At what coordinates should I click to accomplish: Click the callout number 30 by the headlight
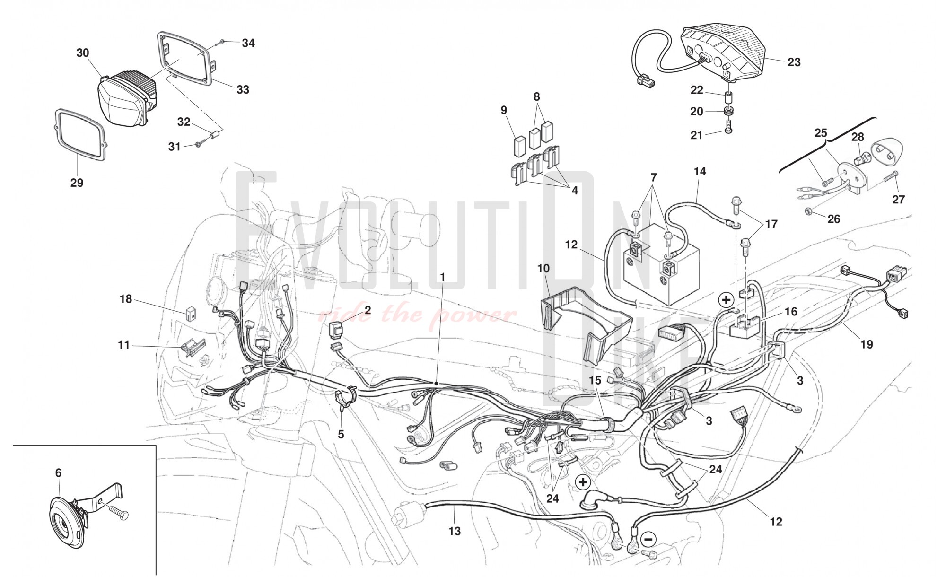point(83,52)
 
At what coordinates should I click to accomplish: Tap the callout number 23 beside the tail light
point(794,62)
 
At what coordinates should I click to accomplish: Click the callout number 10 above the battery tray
point(543,269)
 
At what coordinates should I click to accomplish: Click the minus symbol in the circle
point(648,539)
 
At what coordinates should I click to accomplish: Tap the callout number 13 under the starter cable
point(455,531)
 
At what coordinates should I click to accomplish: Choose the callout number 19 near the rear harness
point(867,344)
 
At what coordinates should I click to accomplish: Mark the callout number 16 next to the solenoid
point(791,311)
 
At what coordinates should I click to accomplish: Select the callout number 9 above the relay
point(504,110)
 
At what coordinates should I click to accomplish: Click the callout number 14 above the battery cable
point(700,171)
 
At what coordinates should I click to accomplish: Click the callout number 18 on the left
point(126,299)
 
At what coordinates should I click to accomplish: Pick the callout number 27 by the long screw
point(899,200)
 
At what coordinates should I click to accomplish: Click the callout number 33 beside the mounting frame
point(243,89)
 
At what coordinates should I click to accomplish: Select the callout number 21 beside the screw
point(697,135)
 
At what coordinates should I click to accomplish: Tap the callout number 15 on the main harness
point(595,380)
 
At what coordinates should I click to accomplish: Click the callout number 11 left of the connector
point(124,345)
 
